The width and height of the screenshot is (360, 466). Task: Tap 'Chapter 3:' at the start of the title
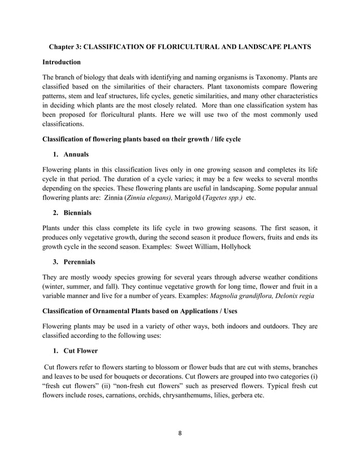[x=65, y=46]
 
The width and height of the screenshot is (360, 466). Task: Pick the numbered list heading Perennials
[x=81, y=262]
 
